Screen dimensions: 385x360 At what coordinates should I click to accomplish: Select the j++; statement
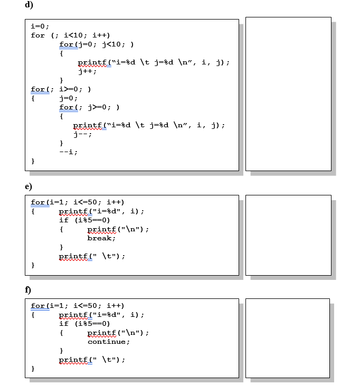87,71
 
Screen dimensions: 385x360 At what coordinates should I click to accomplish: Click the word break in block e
100,238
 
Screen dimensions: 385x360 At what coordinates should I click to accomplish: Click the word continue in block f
108,342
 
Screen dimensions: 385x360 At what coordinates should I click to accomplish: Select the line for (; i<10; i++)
70,35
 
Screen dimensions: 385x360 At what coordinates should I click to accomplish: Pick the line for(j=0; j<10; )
96,44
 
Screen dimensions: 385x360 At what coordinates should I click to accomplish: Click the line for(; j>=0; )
91,107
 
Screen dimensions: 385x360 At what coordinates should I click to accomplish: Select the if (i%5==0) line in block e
84,220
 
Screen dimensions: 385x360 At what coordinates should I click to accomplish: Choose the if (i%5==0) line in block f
84,324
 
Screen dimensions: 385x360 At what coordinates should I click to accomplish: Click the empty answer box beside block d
288,93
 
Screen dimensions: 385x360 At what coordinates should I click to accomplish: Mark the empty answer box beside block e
288,235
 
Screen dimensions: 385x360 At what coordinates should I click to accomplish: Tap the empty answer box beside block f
288,338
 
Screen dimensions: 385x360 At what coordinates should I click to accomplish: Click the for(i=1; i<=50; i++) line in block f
78,306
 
